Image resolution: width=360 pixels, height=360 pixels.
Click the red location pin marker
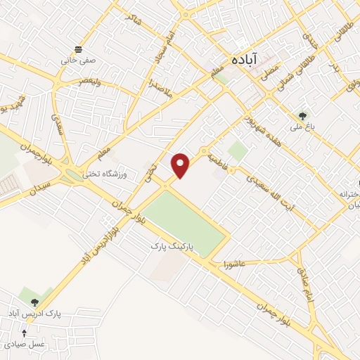click(181, 165)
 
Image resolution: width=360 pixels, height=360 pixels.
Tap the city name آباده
click(247, 60)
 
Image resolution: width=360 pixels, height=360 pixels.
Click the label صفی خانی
click(77, 60)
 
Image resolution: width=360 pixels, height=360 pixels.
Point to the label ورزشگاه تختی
click(103, 174)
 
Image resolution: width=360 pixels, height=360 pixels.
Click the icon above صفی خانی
click(77, 49)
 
